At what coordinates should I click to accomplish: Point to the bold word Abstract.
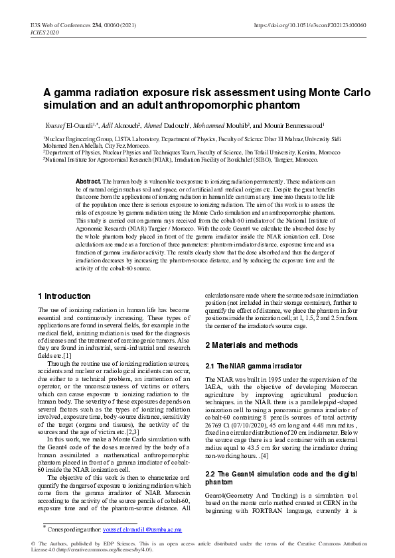(88, 181)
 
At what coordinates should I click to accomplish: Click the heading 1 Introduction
(64, 296)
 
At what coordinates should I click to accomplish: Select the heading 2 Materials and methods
(252, 345)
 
